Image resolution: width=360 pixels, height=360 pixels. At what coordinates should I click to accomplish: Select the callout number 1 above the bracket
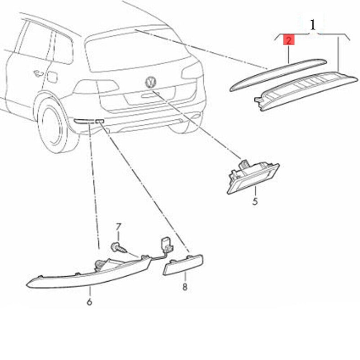(313, 25)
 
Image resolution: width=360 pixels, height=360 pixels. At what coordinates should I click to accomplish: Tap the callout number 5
(255, 201)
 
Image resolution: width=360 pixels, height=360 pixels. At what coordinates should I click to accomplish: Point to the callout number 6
(90, 301)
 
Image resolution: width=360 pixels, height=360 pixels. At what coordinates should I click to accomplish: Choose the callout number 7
(118, 227)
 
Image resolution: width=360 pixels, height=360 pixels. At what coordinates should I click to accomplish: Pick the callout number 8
(185, 287)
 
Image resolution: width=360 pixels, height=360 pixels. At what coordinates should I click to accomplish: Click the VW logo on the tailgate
(151, 82)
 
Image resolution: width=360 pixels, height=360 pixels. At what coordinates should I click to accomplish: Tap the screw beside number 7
(118, 248)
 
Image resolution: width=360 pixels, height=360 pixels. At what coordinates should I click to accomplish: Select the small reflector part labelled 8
(183, 265)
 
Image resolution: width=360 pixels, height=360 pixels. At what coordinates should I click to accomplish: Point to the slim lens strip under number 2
(278, 75)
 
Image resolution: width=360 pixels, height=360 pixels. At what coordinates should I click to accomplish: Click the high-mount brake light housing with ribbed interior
(306, 91)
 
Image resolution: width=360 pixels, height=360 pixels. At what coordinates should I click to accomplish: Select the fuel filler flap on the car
(52, 76)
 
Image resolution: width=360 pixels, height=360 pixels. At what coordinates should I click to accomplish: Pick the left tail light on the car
(96, 86)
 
